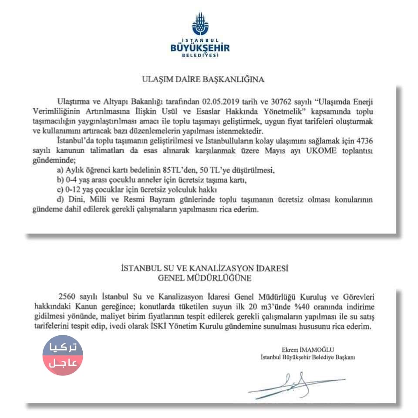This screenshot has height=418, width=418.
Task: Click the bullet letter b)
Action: pyautogui.click(x=61, y=180)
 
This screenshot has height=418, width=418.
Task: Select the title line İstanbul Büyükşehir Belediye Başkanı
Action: pyautogui.click(x=307, y=357)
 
